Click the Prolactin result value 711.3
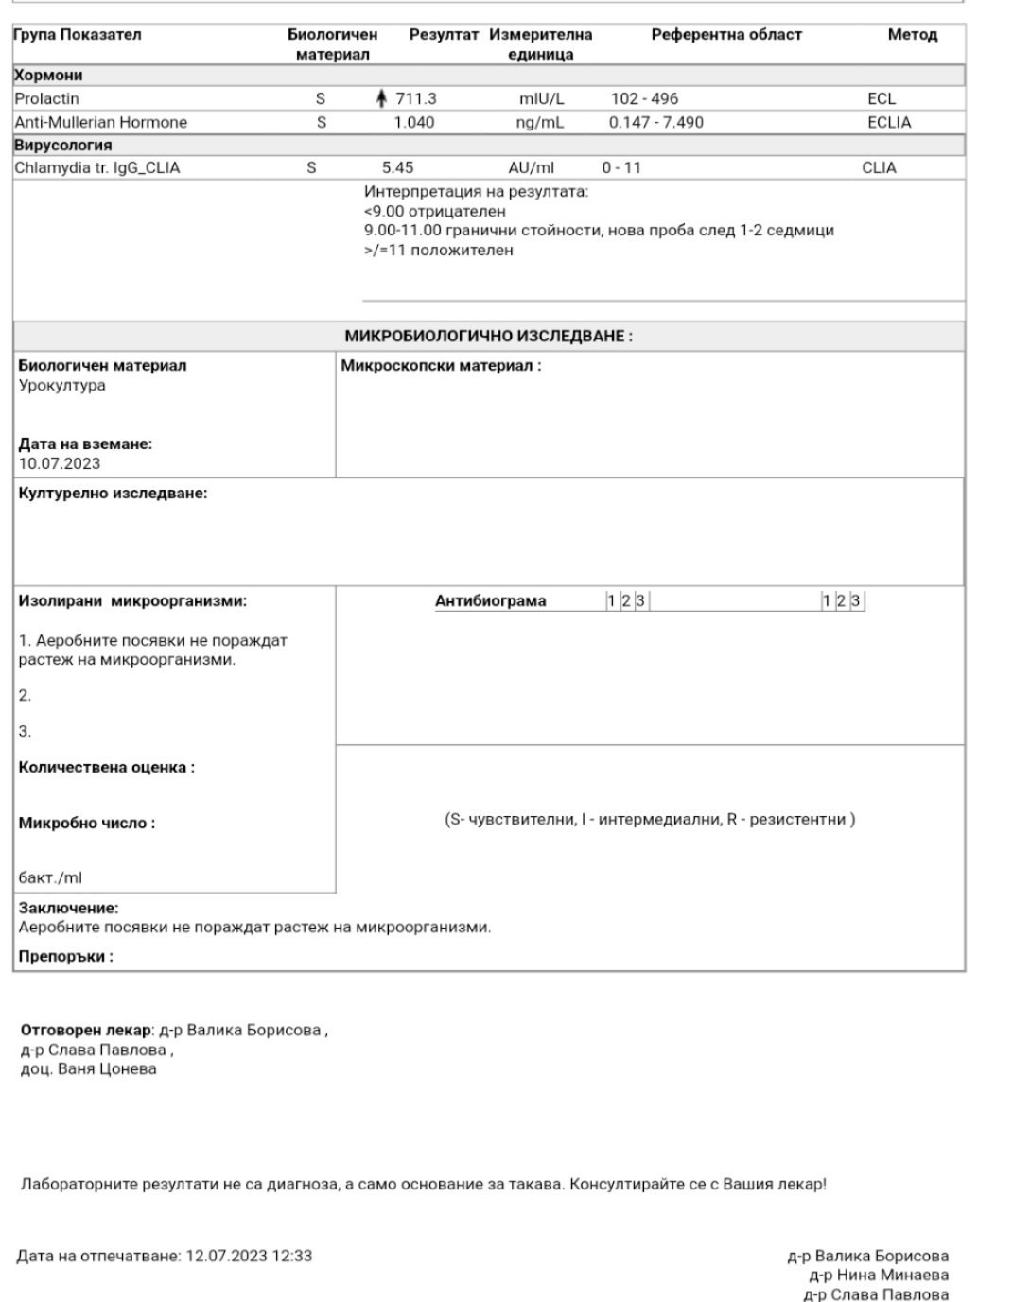click(x=416, y=98)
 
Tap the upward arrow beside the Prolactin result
click(x=381, y=98)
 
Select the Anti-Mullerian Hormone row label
click(x=100, y=122)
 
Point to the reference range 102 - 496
click(x=644, y=98)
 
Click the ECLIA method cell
click(x=889, y=122)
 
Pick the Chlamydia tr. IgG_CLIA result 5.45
click(x=397, y=167)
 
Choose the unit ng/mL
click(x=540, y=122)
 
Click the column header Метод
click(x=912, y=35)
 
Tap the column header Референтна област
click(x=725, y=35)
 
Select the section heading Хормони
click(x=48, y=75)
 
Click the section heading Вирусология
click(x=62, y=145)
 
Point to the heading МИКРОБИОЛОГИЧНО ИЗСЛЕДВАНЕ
click(x=488, y=336)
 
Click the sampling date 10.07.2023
click(x=59, y=463)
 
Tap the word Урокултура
click(x=62, y=385)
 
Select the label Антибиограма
click(x=490, y=600)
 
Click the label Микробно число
click(x=87, y=823)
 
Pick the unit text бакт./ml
click(x=50, y=877)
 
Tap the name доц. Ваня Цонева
click(x=89, y=1069)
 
